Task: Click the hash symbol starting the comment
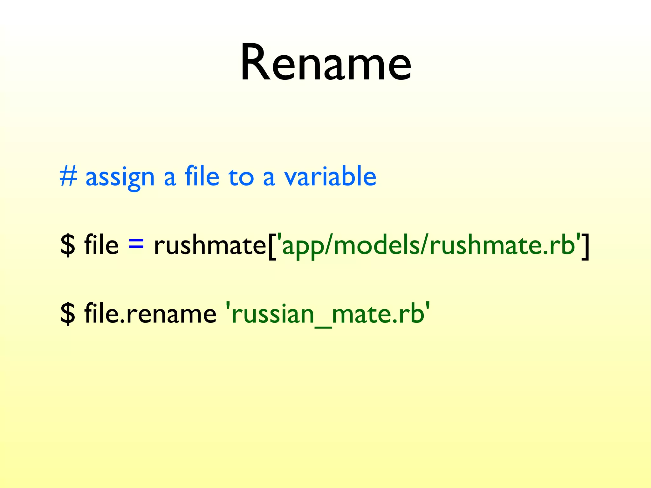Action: click(x=68, y=177)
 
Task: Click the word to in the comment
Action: click(x=241, y=177)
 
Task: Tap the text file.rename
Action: click(x=150, y=314)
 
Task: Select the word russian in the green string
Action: click(x=273, y=314)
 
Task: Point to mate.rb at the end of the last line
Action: click(x=378, y=314)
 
